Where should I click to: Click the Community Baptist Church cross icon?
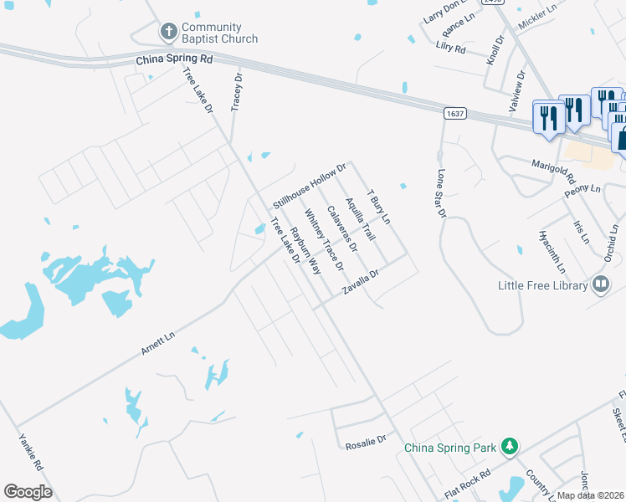pos(167,33)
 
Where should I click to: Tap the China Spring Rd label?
pos(174,60)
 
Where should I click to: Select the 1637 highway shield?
pos(454,114)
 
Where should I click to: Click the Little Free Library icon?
pos(599,285)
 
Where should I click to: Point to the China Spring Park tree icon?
pos(508,448)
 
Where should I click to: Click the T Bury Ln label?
pos(379,207)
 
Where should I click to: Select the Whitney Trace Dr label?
pos(324,241)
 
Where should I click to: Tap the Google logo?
pos(28,492)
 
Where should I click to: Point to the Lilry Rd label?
pos(450,49)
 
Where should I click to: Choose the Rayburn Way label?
pos(305,250)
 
